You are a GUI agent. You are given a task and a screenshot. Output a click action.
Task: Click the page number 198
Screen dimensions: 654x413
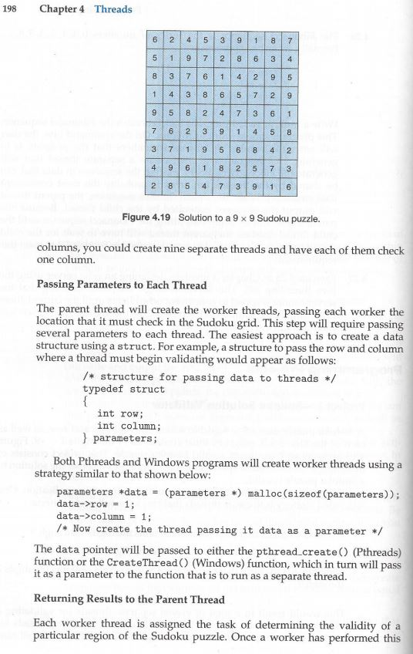click(15, 9)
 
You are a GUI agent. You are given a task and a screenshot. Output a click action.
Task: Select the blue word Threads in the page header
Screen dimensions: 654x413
click(113, 9)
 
